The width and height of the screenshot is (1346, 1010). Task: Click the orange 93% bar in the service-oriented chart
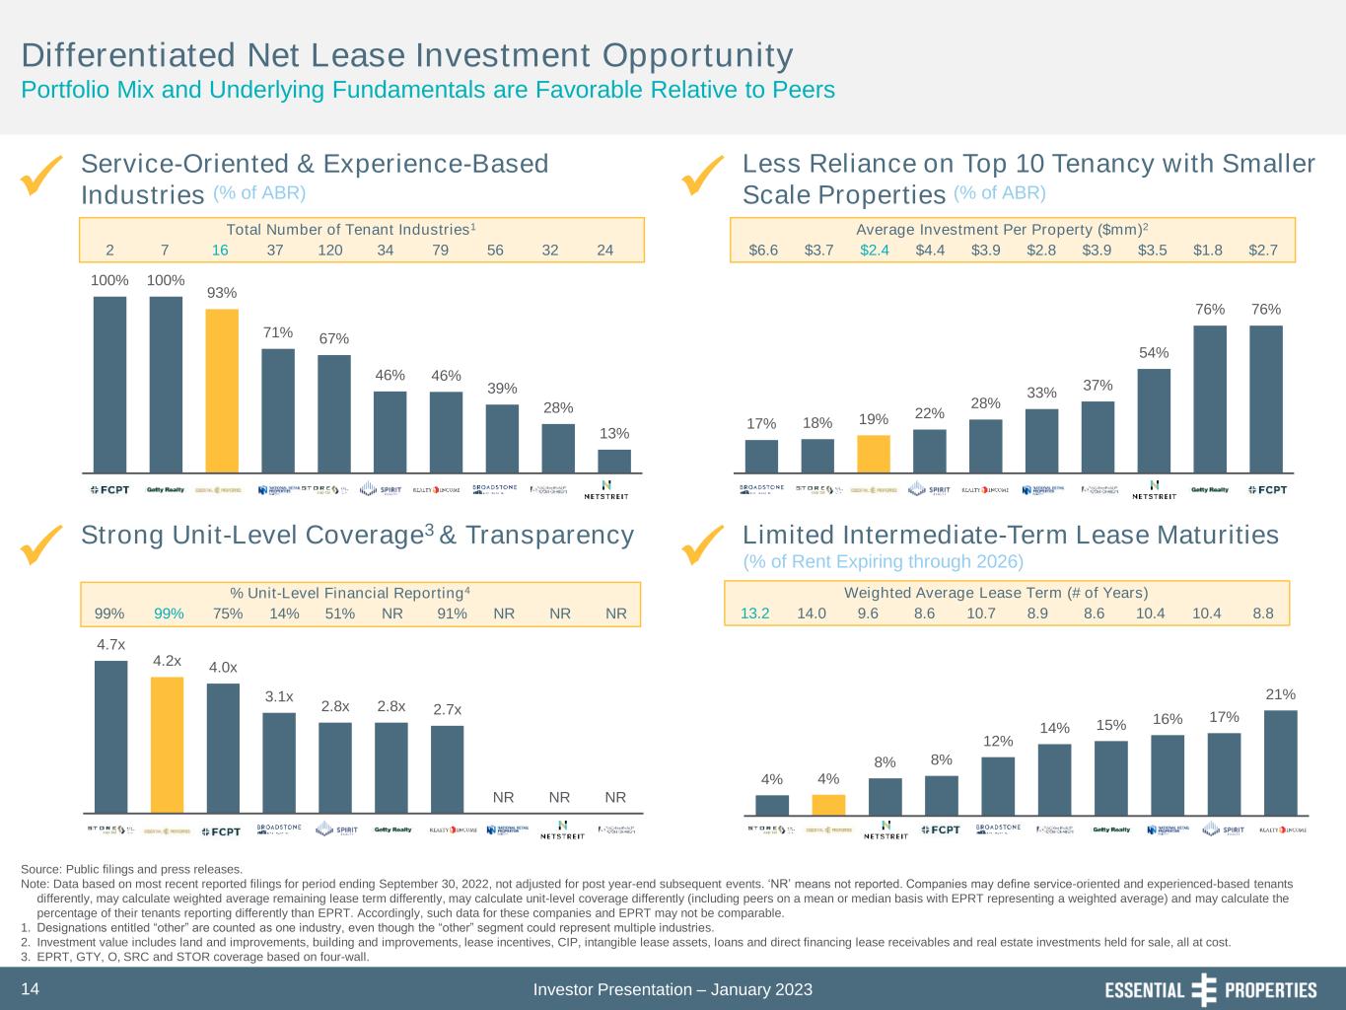click(x=222, y=391)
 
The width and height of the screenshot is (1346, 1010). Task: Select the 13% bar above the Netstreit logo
click(x=614, y=461)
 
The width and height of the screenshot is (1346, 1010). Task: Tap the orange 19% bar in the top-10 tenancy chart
click(x=874, y=454)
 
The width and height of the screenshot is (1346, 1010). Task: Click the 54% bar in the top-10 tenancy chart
click(x=1154, y=420)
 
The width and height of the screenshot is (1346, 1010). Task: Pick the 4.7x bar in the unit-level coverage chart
click(x=110, y=736)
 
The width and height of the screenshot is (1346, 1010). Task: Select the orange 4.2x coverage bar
click(x=167, y=744)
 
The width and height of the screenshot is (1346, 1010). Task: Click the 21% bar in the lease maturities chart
click(x=1281, y=762)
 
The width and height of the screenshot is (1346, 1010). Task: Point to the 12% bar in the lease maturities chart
click(x=998, y=785)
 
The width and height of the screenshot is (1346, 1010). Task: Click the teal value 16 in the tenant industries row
click(x=220, y=251)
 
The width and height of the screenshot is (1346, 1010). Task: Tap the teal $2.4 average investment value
click(x=875, y=251)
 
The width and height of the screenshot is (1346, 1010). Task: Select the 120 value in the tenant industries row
click(x=330, y=251)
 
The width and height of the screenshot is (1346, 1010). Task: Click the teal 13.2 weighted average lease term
click(x=755, y=613)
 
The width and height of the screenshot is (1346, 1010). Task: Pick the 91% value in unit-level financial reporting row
click(x=452, y=613)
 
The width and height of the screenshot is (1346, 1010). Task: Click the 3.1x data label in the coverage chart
click(x=279, y=697)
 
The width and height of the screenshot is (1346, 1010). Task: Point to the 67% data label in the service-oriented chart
click(x=334, y=339)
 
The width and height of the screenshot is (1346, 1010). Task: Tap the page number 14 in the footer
click(x=30, y=989)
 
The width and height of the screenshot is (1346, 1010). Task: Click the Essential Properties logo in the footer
click(x=1210, y=989)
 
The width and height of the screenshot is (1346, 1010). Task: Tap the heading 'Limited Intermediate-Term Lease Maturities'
click(x=1010, y=535)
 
